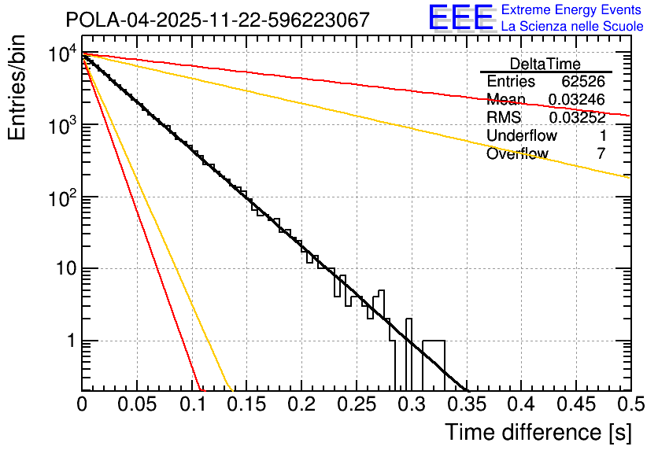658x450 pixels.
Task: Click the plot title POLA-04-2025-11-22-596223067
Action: [x=217, y=20]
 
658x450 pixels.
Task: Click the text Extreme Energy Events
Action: [x=571, y=10]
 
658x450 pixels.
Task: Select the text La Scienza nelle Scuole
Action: [x=572, y=27]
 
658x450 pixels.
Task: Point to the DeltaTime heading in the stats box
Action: [x=545, y=64]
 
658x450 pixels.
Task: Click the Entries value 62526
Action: [x=582, y=82]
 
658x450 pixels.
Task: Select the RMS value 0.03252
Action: [x=576, y=118]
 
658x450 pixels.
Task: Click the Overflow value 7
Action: [x=601, y=154]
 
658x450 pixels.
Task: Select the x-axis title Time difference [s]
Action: [x=537, y=432]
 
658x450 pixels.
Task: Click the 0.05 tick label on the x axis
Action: [x=137, y=404]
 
